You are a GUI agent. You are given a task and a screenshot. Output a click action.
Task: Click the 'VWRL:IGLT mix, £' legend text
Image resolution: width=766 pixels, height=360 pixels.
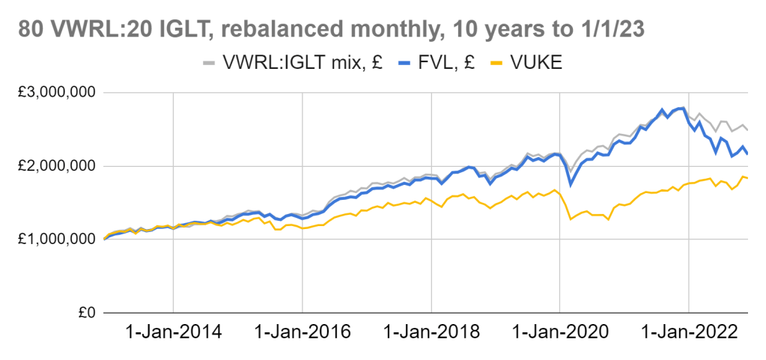303,64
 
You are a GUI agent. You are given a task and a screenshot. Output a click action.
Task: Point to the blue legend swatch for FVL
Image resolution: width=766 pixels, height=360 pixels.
400,64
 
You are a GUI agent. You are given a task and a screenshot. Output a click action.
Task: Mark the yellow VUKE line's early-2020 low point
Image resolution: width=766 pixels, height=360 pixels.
571,219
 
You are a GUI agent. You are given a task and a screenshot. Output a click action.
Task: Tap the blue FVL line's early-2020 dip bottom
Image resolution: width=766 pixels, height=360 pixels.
571,185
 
